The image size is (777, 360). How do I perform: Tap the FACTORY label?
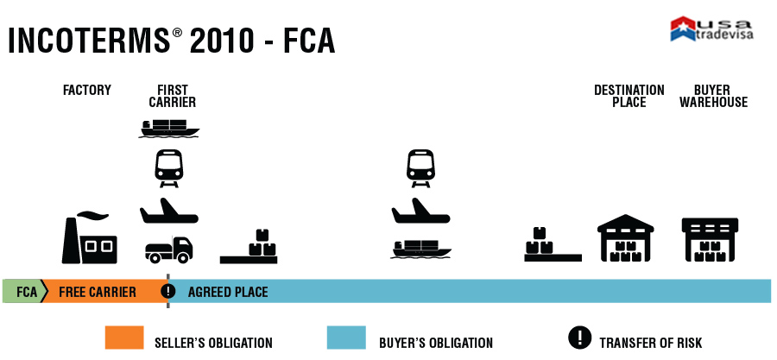click(x=87, y=90)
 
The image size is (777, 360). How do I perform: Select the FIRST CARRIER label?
click(x=173, y=96)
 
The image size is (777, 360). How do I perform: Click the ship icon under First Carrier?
click(x=169, y=128)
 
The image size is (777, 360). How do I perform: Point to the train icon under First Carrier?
click(x=168, y=167)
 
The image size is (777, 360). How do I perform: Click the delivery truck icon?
click(x=168, y=249)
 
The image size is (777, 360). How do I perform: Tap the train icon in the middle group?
click(x=420, y=167)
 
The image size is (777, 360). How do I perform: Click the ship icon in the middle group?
click(x=420, y=249)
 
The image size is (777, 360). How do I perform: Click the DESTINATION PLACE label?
click(x=629, y=96)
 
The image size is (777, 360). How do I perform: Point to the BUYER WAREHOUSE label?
click(x=713, y=96)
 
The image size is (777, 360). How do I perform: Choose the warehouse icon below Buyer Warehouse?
click(x=711, y=239)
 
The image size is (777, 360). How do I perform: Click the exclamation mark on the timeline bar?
click(x=168, y=291)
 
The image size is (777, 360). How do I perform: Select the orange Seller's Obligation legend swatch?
click(x=123, y=338)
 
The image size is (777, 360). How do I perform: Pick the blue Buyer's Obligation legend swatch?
click(x=345, y=338)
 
